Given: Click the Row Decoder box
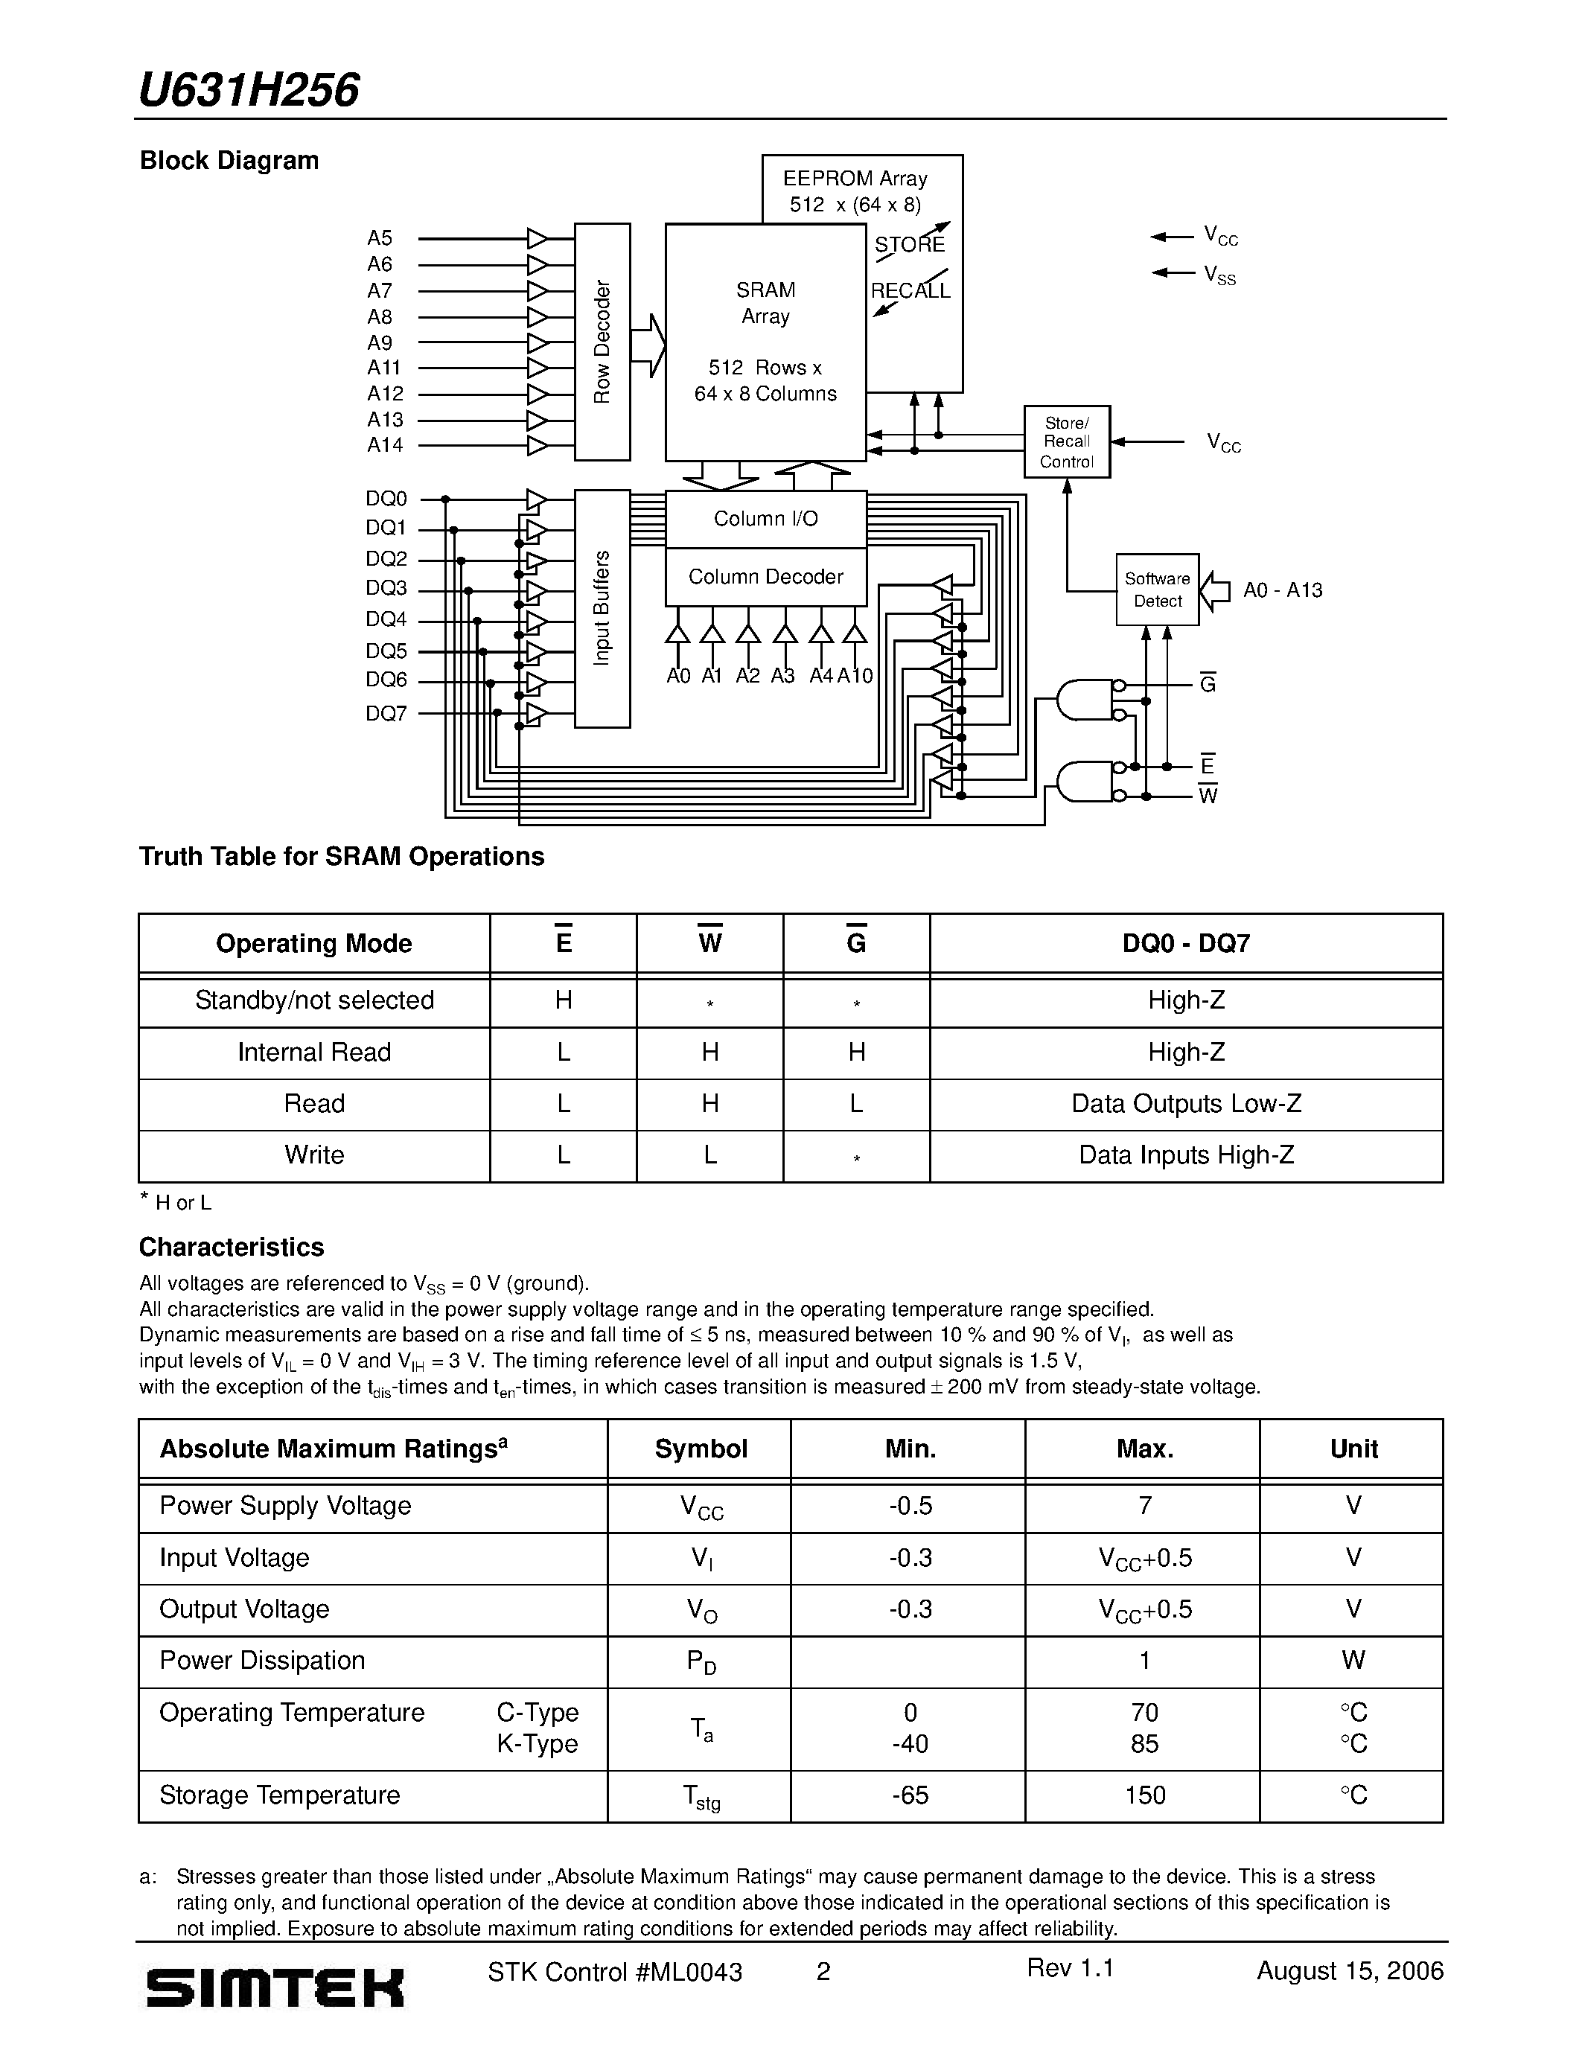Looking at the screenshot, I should click(602, 342).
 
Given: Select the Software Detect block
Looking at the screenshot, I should click(1158, 590).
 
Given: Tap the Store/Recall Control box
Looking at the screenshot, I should click(1067, 441).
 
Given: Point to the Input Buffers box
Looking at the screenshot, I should click(602, 608).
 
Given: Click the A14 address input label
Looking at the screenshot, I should click(385, 445).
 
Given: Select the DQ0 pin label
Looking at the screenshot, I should click(386, 499).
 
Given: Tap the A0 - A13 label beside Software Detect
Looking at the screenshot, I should click(1282, 590).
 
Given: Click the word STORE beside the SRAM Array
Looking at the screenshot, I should click(909, 245).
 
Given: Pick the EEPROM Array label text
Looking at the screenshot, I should click(855, 178).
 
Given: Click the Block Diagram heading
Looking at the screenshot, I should click(229, 160).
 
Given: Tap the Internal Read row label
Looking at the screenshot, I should click(314, 1053).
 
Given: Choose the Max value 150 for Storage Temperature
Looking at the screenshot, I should click(1144, 1795).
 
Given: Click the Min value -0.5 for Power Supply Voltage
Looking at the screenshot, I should click(910, 1505).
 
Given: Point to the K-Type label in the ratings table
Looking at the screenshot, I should click(537, 1744).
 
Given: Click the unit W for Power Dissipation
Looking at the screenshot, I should click(1353, 1660).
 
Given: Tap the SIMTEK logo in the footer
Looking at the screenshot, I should click(275, 1985).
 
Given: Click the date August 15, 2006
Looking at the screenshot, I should click(1350, 1970).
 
